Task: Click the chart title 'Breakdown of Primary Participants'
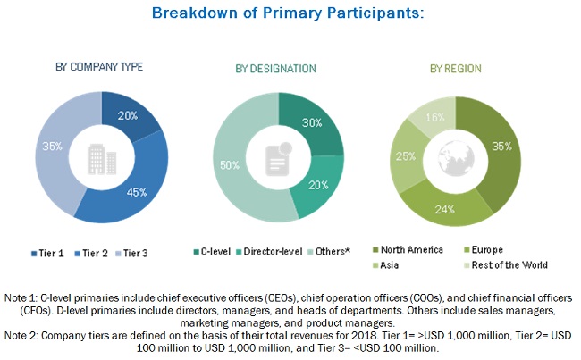288,14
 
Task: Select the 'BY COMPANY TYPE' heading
100,67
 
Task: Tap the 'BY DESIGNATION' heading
275,68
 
